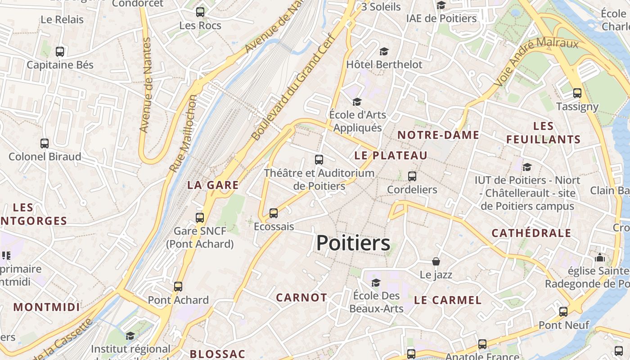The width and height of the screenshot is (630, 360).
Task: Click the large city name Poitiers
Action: coord(353,243)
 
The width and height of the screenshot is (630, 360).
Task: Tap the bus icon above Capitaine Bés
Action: coord(60,52)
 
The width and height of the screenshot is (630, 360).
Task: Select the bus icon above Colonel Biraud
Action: coord(45,144)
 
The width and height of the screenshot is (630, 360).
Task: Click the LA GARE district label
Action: coord(213,185)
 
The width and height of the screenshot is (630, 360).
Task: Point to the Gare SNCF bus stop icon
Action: coord(200,218)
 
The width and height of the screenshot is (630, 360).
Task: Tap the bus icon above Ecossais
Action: coord(274,213)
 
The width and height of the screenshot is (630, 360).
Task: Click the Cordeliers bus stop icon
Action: coord(412,176)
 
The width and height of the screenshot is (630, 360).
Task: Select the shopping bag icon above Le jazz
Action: coord(436,261)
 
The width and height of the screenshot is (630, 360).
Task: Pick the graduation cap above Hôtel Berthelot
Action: coord(384,51)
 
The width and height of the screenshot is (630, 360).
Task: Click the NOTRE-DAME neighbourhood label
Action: coord(438,135)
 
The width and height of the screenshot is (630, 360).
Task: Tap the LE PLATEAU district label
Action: coord(391,156)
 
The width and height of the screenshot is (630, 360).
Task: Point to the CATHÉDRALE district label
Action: coord(531,233)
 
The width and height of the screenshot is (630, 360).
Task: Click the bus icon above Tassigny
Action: coord(577,93)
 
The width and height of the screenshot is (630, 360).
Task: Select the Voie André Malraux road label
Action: coord(535,62)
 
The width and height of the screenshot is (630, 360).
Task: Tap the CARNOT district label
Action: coord(301,297)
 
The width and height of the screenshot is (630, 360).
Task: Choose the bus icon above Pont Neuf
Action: coord(563,311)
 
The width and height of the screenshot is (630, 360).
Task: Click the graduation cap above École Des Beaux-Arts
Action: coord(376,283)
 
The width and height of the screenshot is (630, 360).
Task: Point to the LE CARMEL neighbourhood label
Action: coord(448,300)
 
